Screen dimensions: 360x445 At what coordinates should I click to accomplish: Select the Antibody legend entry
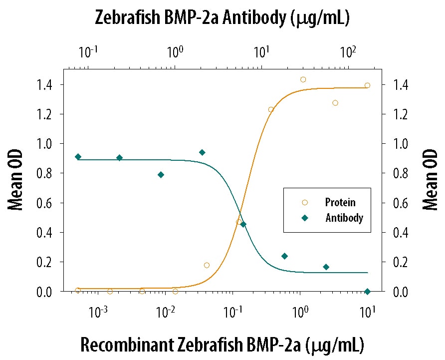[x=344, y=218]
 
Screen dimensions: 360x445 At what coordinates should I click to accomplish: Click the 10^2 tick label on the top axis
[x=348, y=51]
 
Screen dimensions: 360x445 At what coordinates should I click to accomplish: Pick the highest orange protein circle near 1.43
[x=303, y=79]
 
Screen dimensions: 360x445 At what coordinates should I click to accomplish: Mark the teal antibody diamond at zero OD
[x=368, y=292]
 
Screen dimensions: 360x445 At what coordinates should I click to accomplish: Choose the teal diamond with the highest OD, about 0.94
[x=202, y=152]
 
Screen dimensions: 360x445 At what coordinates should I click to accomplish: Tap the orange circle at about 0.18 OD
[x=207, y=265]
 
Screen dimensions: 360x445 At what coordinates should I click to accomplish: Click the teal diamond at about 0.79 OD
[x=161, y=175]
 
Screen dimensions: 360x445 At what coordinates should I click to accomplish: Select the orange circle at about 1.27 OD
[x=335, y=103]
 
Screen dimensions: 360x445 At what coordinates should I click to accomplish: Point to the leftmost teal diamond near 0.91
[x=78, y=157]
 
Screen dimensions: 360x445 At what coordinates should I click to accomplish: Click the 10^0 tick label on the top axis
[x=175, y=51]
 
